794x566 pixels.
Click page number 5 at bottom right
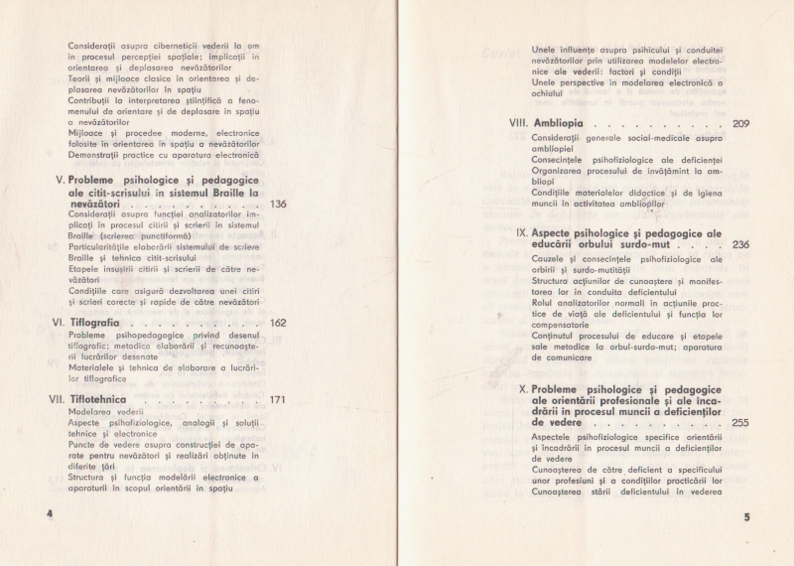746,517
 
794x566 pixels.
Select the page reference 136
278,205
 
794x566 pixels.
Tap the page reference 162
278,323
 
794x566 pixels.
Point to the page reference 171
278,400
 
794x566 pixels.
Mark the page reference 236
740,243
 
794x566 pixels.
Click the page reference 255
740,423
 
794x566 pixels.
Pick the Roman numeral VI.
58,323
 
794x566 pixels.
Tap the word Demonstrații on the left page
97,155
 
